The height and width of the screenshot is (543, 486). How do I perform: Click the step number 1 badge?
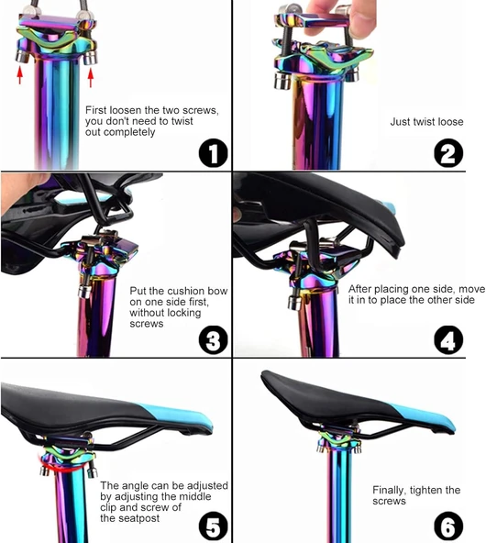tap(214, 152)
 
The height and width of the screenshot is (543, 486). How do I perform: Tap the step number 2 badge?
tap(448, 152)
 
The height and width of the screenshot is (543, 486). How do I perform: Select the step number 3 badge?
tap(214, 339)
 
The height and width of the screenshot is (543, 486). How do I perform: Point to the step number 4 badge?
tap(448, 339)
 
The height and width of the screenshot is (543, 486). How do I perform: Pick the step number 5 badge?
tap(214, 526)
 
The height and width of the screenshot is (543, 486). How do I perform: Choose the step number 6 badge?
tap(448, 526)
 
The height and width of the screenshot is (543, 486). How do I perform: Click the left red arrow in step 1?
tap(20, 75)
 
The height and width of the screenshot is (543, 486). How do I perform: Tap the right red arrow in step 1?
tap(91, 78)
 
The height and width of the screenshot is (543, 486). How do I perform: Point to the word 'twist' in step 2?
tap(424, 122)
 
